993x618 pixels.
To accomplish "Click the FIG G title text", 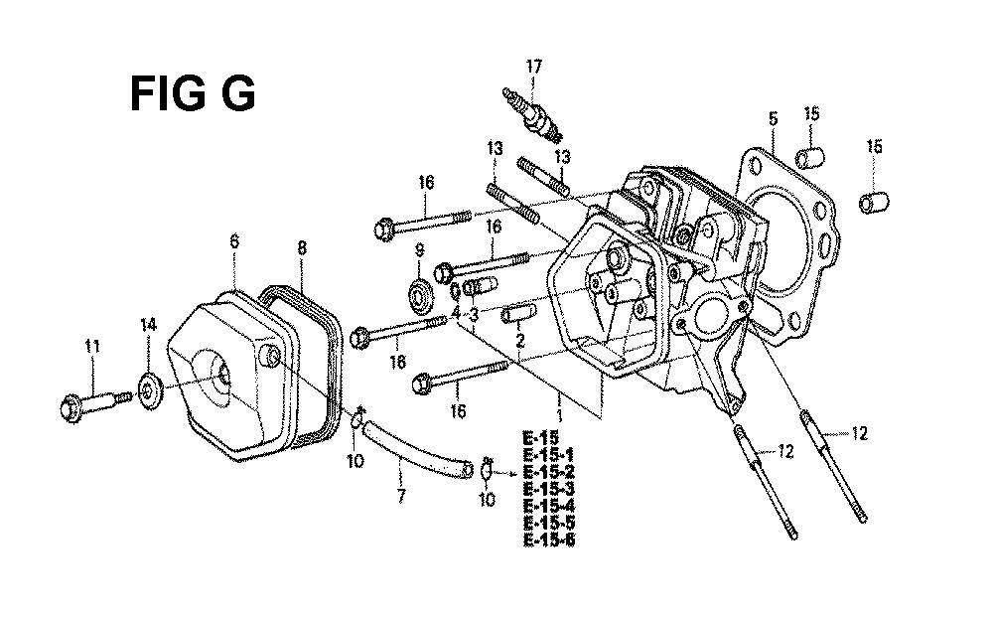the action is tap(193, 93).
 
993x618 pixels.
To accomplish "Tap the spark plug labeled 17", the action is tap(533, 115).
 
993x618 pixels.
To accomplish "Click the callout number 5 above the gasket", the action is tap(773, 118).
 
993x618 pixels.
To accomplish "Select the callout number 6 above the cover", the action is tap(234, 240).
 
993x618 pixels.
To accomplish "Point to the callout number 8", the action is tap(302, 247).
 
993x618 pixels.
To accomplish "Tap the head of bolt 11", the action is tap(73, 406).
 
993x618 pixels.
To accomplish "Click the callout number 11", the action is tap(92, 346).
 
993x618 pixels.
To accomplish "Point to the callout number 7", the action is tap(400, 495).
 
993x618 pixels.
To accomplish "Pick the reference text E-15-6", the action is tap(549, 540).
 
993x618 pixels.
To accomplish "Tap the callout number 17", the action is tap(533, 66).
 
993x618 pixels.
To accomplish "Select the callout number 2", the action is tap(520, 341).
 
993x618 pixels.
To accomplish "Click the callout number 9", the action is tap(419, 250).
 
